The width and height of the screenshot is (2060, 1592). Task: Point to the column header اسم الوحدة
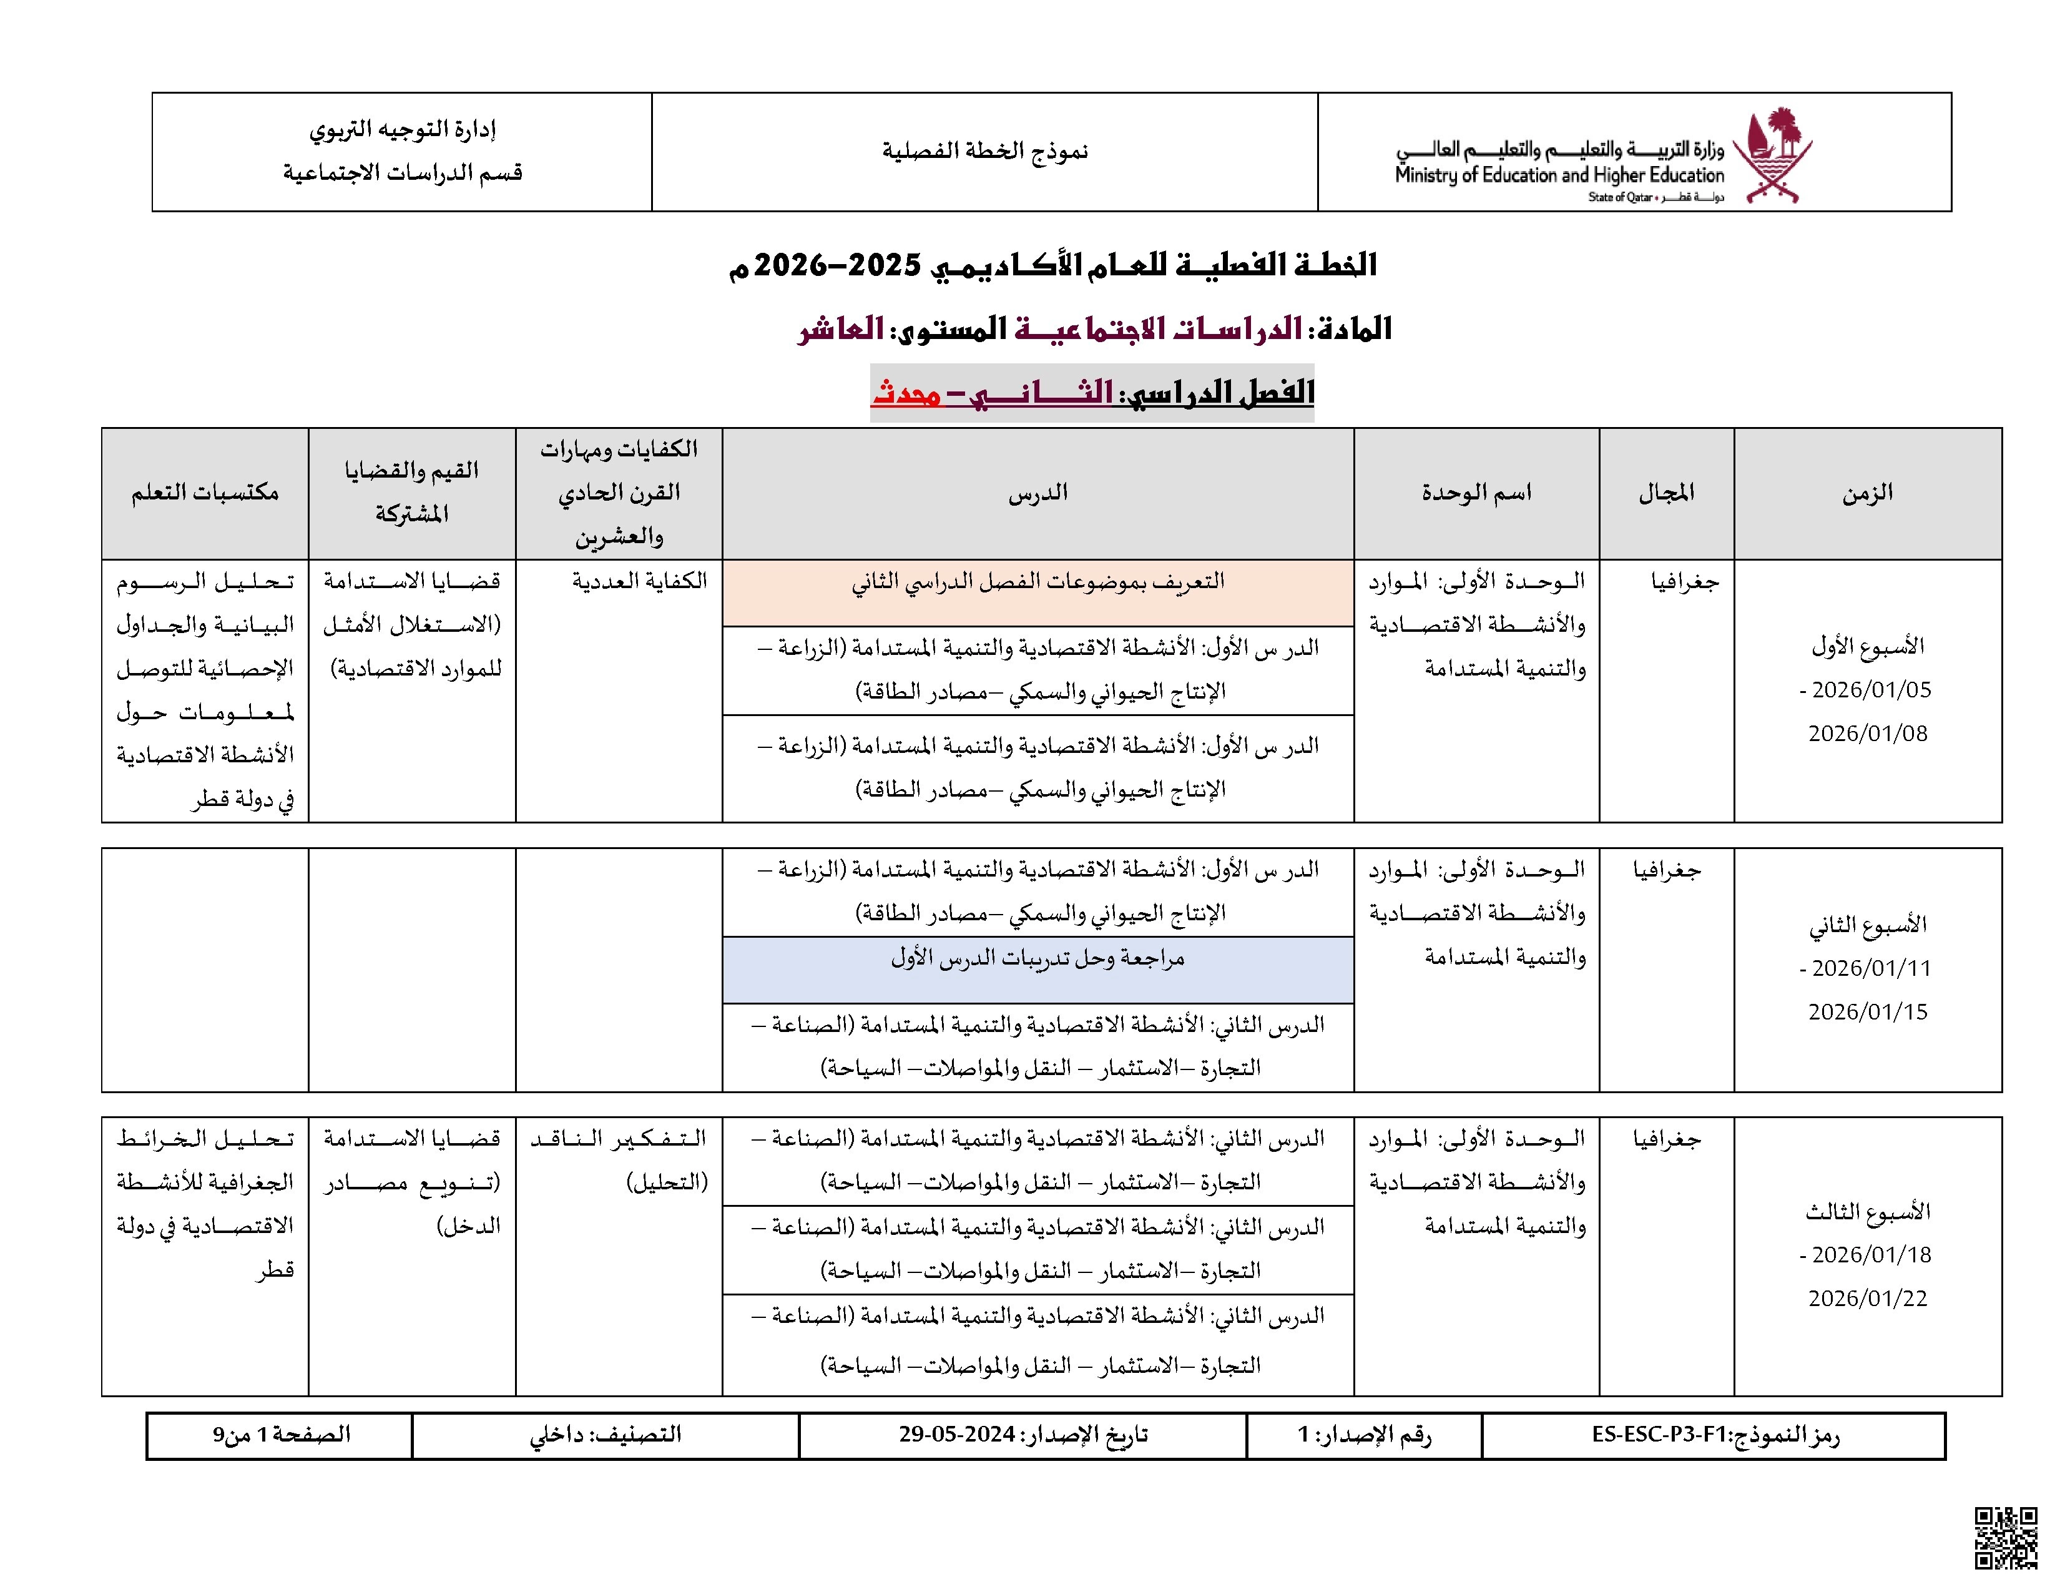click(x=1476, y=493)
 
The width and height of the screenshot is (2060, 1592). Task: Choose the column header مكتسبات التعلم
click(x=205, y=493)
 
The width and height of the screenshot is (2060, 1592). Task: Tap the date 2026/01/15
click(x=1868, y=1012)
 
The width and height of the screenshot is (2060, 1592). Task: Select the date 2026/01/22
click(x=1868, y=1299)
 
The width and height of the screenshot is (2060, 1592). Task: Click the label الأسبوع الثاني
click(x=1868, y=925)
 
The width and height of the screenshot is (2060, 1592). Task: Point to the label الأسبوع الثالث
click(x=1868, y=1212)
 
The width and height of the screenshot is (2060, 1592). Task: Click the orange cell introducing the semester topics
click(x=1037, y=592)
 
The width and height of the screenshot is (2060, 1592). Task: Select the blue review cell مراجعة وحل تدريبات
click(x=1037, y=968)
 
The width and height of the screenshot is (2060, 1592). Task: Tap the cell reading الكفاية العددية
click(x=639, y=581)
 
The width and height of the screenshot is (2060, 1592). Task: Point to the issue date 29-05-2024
click(x=956, y=1435)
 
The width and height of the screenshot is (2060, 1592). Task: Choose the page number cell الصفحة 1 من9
click(x=281, y=1435)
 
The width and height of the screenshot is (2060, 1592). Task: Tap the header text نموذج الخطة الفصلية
click(x=984, y=151)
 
